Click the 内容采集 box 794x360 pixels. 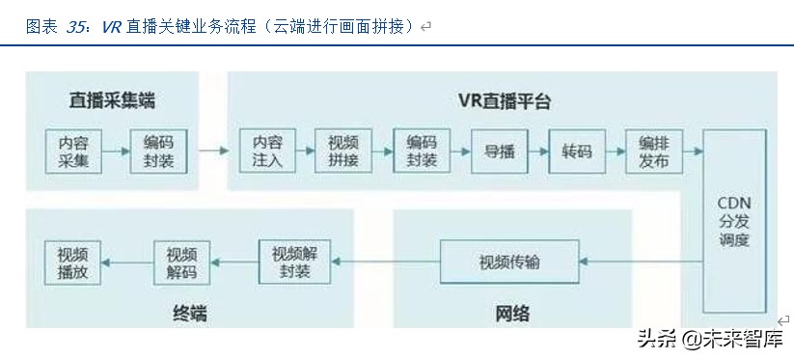tap(73, 151)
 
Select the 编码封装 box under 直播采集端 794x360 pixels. tap(158, 151)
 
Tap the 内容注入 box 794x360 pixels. tap(267, 151)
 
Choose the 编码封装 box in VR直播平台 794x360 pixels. tap(422, 151)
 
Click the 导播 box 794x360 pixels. tap(499, 151)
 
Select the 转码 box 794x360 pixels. tap(577, 151)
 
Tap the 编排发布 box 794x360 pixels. tap(653, 151)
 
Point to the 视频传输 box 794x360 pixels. tap(509, 262)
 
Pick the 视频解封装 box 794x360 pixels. tap(294, 262)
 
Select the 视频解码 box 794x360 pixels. tap(182, 262)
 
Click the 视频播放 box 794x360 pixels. tap(72, 262)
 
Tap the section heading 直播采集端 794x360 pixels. tap(112, 100)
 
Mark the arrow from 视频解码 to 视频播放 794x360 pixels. tap(127, 262)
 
